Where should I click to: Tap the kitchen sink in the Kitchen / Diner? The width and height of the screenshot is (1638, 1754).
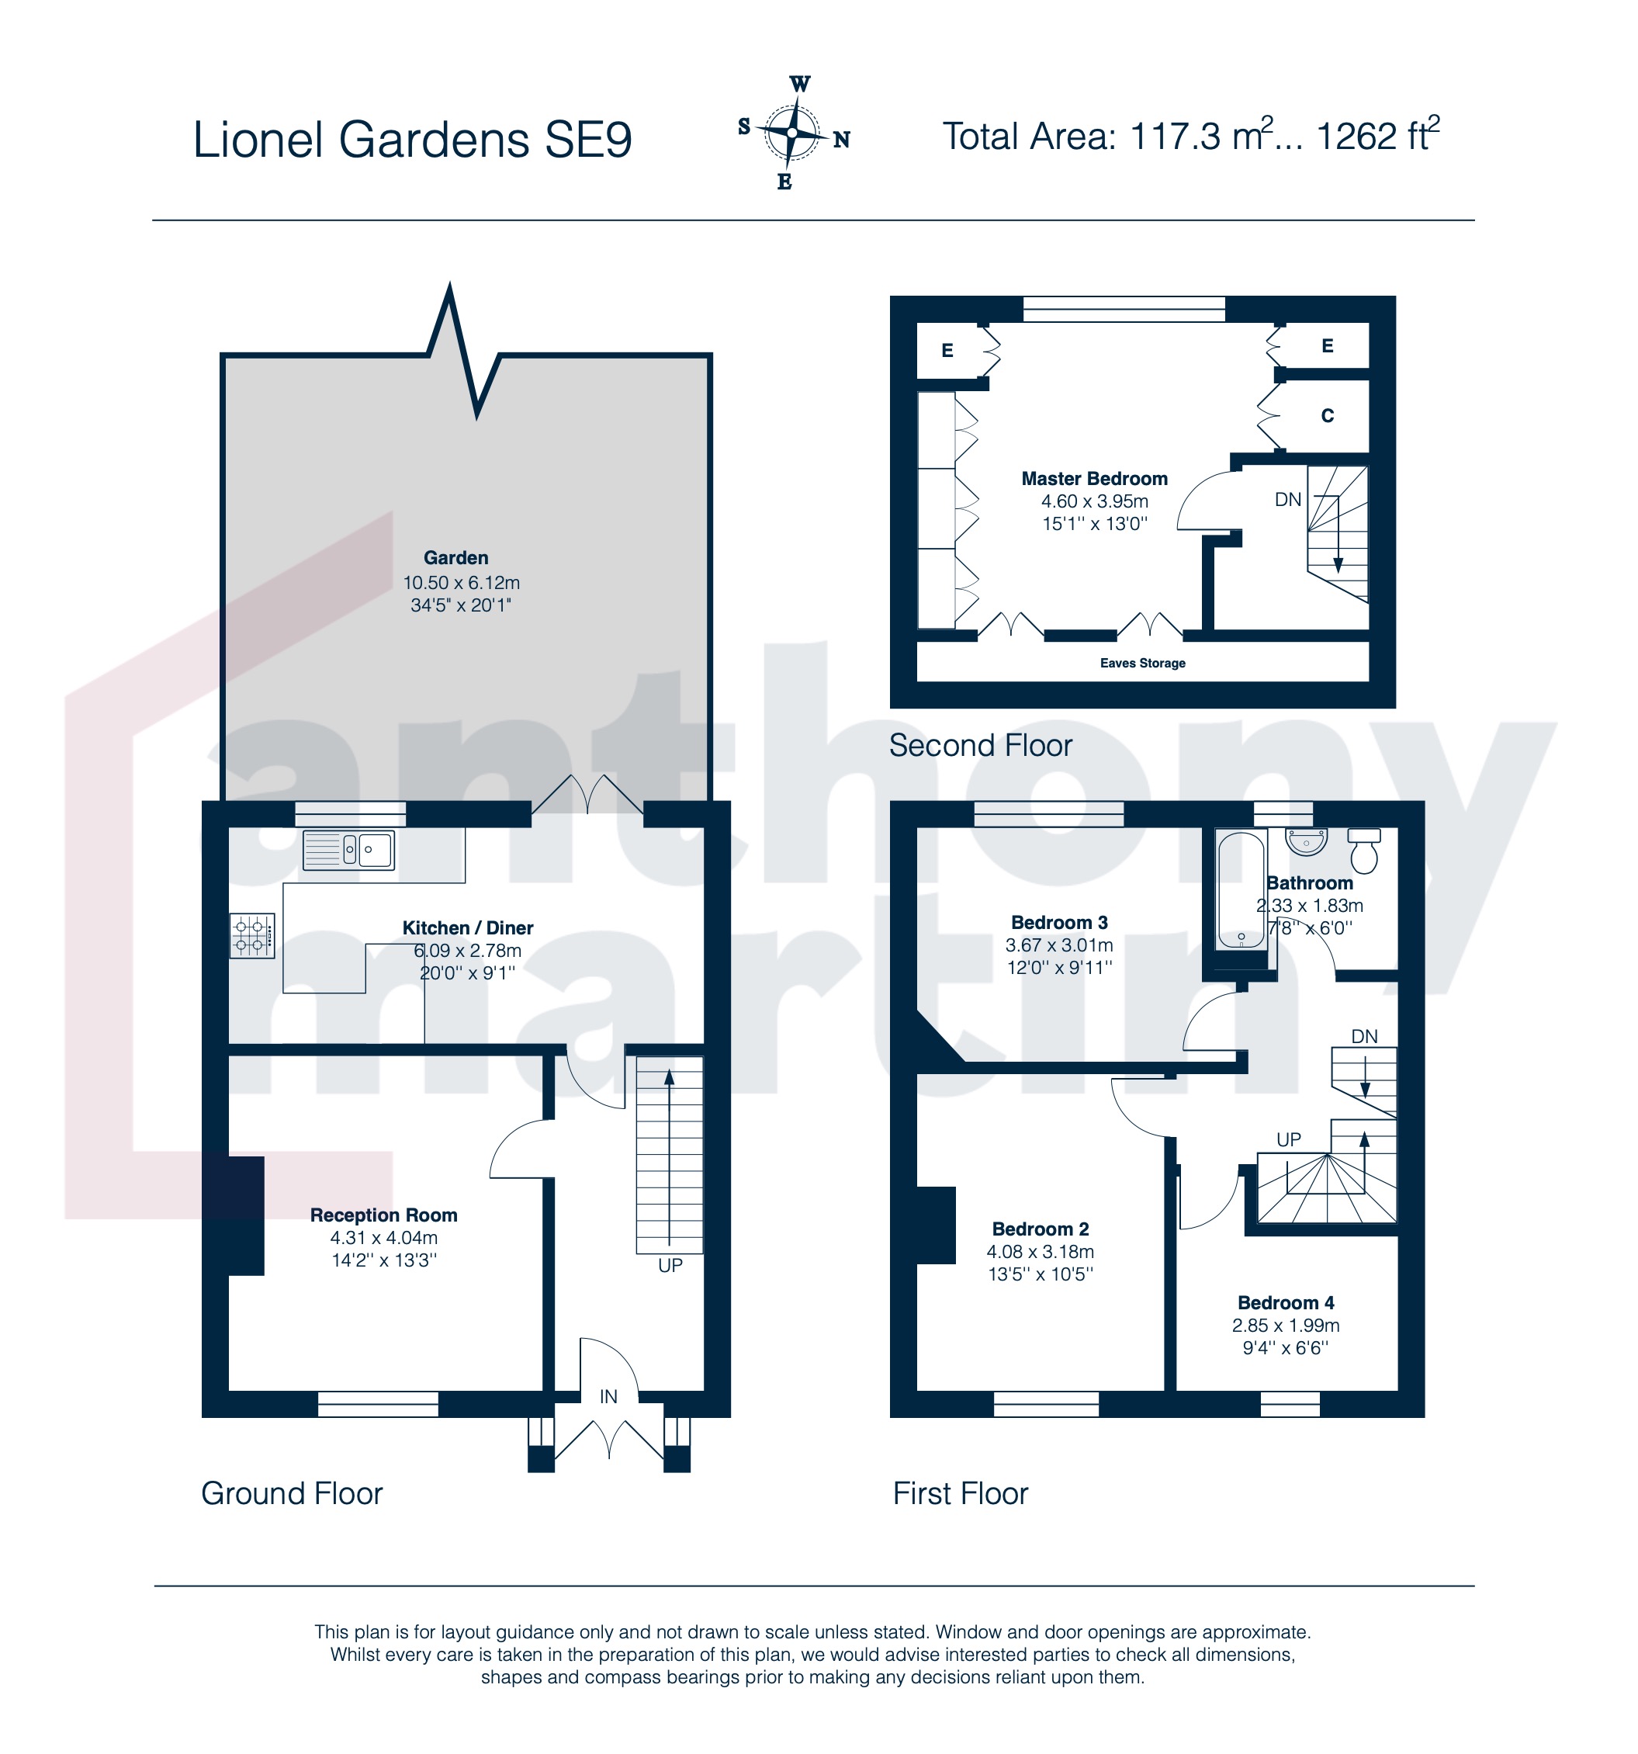tap(348, 850)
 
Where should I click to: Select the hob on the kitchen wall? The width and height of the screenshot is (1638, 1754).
tap(252, 936)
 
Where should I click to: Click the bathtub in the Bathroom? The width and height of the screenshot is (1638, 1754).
tap(1241, 890)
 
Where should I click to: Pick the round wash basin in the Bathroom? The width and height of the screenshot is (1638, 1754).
tap(1307, 842)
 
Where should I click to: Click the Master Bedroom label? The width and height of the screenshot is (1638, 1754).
tap(1094, 479)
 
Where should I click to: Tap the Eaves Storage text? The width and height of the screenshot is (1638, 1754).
tap(1142, 664)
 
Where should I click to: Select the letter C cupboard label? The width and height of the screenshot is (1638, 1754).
tap(1327, 417)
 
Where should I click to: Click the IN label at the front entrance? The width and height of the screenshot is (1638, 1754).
tap(608, 1397)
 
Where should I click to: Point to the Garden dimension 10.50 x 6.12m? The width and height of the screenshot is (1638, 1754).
tap(462, 583)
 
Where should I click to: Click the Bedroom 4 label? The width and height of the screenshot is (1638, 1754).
tap(1285, 1303)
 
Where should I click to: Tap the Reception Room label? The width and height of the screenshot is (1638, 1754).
tap(383, 1216)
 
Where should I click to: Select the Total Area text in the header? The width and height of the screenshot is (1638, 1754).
tap(1191, 136)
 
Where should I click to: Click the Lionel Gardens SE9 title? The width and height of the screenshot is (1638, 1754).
tap(412, 140)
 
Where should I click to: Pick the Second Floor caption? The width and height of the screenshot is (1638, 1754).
tap(980, 747)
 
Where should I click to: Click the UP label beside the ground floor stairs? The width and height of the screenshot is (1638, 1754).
tap(670, 1266)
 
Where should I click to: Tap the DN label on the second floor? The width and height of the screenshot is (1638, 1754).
tap(1288, 501)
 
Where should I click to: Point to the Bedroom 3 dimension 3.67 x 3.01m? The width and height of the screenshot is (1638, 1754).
tap(1058, 946)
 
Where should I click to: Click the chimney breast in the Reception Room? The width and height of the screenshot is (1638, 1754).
tap(234, 1216)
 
